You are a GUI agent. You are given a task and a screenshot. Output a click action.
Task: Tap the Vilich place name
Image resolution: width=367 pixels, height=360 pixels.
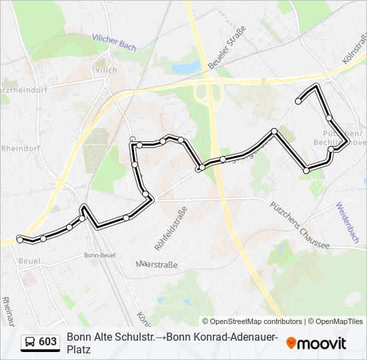coord(106,70)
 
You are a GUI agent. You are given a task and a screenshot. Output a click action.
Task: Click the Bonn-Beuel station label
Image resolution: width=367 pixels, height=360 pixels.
coord(101,255)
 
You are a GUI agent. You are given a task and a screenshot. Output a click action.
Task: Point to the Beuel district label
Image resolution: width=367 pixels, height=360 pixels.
coord(30,261)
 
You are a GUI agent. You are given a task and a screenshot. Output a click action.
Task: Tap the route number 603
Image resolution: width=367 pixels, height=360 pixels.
coord(47,342)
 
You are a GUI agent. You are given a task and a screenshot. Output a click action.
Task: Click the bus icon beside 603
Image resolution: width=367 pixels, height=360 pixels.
coord(30,342)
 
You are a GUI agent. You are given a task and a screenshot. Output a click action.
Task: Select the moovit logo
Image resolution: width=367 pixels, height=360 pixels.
coord(316,343)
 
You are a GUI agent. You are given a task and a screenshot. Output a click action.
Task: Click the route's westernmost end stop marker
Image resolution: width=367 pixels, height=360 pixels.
coord(20,239)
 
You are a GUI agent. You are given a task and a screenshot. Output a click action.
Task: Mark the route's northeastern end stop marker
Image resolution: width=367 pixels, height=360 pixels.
coord(298,101)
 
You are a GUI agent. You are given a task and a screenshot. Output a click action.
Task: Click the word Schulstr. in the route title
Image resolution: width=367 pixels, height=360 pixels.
coord(131,337)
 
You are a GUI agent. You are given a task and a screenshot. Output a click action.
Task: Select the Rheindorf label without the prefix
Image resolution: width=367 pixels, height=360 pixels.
coord(21,148)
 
